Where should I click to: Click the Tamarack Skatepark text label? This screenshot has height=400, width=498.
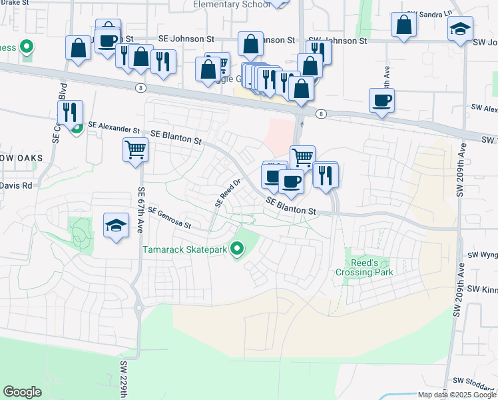184,250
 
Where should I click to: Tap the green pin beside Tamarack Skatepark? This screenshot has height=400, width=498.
236,250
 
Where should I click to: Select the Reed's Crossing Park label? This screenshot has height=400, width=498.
364,267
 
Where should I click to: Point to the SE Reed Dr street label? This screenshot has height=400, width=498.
227,193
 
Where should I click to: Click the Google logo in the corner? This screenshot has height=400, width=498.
22,392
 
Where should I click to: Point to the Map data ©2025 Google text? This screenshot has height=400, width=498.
457,395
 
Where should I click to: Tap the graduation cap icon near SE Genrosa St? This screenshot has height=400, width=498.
116,225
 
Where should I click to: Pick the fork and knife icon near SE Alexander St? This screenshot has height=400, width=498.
70,113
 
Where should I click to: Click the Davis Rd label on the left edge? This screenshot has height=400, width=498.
16,185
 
